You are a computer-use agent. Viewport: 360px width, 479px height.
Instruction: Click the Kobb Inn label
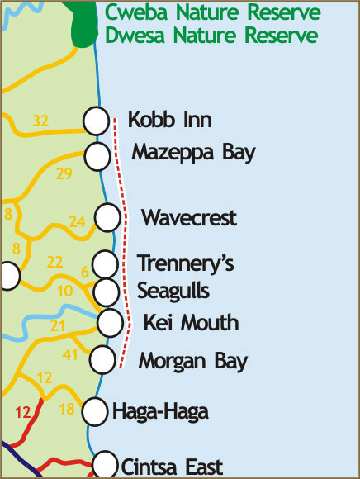point(170,121)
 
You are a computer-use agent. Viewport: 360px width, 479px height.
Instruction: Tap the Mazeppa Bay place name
point(194,154)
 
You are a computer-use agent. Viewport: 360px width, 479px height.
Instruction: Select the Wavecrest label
point(189,218)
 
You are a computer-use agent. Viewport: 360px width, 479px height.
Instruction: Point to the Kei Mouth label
point(191,322)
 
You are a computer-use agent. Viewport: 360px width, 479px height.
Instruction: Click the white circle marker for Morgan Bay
point(102,359)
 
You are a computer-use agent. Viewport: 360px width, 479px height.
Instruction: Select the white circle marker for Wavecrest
point(107,218)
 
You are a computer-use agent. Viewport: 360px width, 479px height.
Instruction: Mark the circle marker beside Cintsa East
point(105,464)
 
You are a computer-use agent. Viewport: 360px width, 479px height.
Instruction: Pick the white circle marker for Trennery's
point(105,264)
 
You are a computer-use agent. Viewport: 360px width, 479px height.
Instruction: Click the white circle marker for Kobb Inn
point(97,121)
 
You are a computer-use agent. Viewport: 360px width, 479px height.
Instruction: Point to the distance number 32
point(41,121)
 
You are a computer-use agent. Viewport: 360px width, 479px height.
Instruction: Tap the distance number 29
point(64,173)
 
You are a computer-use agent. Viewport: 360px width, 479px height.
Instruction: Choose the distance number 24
point(77,221)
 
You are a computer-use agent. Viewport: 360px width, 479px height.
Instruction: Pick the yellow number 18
point(68,410)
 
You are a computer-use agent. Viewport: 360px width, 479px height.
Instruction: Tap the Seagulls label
point(173,291)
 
